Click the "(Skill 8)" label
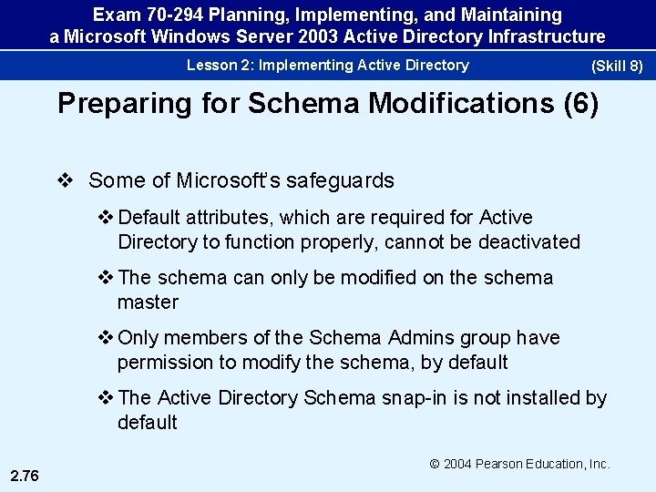click(x=618, y=67)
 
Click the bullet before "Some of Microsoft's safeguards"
click(x=65, y=180)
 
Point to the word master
click(x=148, y=302)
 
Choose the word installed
click(x=542, y=397)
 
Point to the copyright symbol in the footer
click(x=435, y=464)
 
